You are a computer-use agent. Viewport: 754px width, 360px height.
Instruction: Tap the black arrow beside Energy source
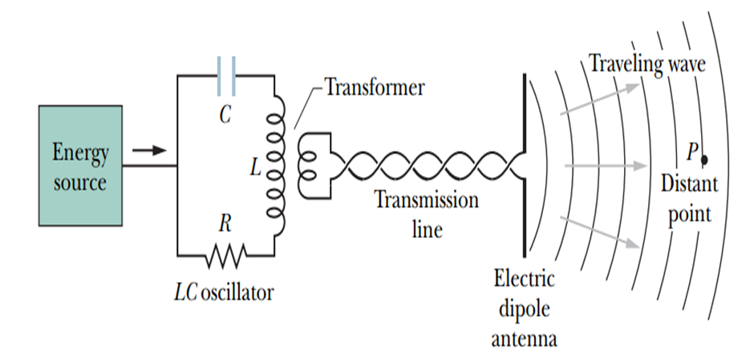[148, 150]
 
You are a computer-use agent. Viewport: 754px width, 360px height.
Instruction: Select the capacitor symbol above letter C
[225, 75]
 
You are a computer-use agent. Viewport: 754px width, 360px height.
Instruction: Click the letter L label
[255, 168]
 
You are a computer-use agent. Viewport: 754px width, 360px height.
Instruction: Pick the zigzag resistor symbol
[225, 256]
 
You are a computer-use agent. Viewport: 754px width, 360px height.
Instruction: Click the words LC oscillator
[224, 292]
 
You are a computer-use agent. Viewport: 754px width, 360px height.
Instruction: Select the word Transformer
[374, 87]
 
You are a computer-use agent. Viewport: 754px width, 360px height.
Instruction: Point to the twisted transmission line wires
[425, 166]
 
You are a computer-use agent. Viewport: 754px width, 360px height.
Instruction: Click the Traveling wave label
[648, 63]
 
